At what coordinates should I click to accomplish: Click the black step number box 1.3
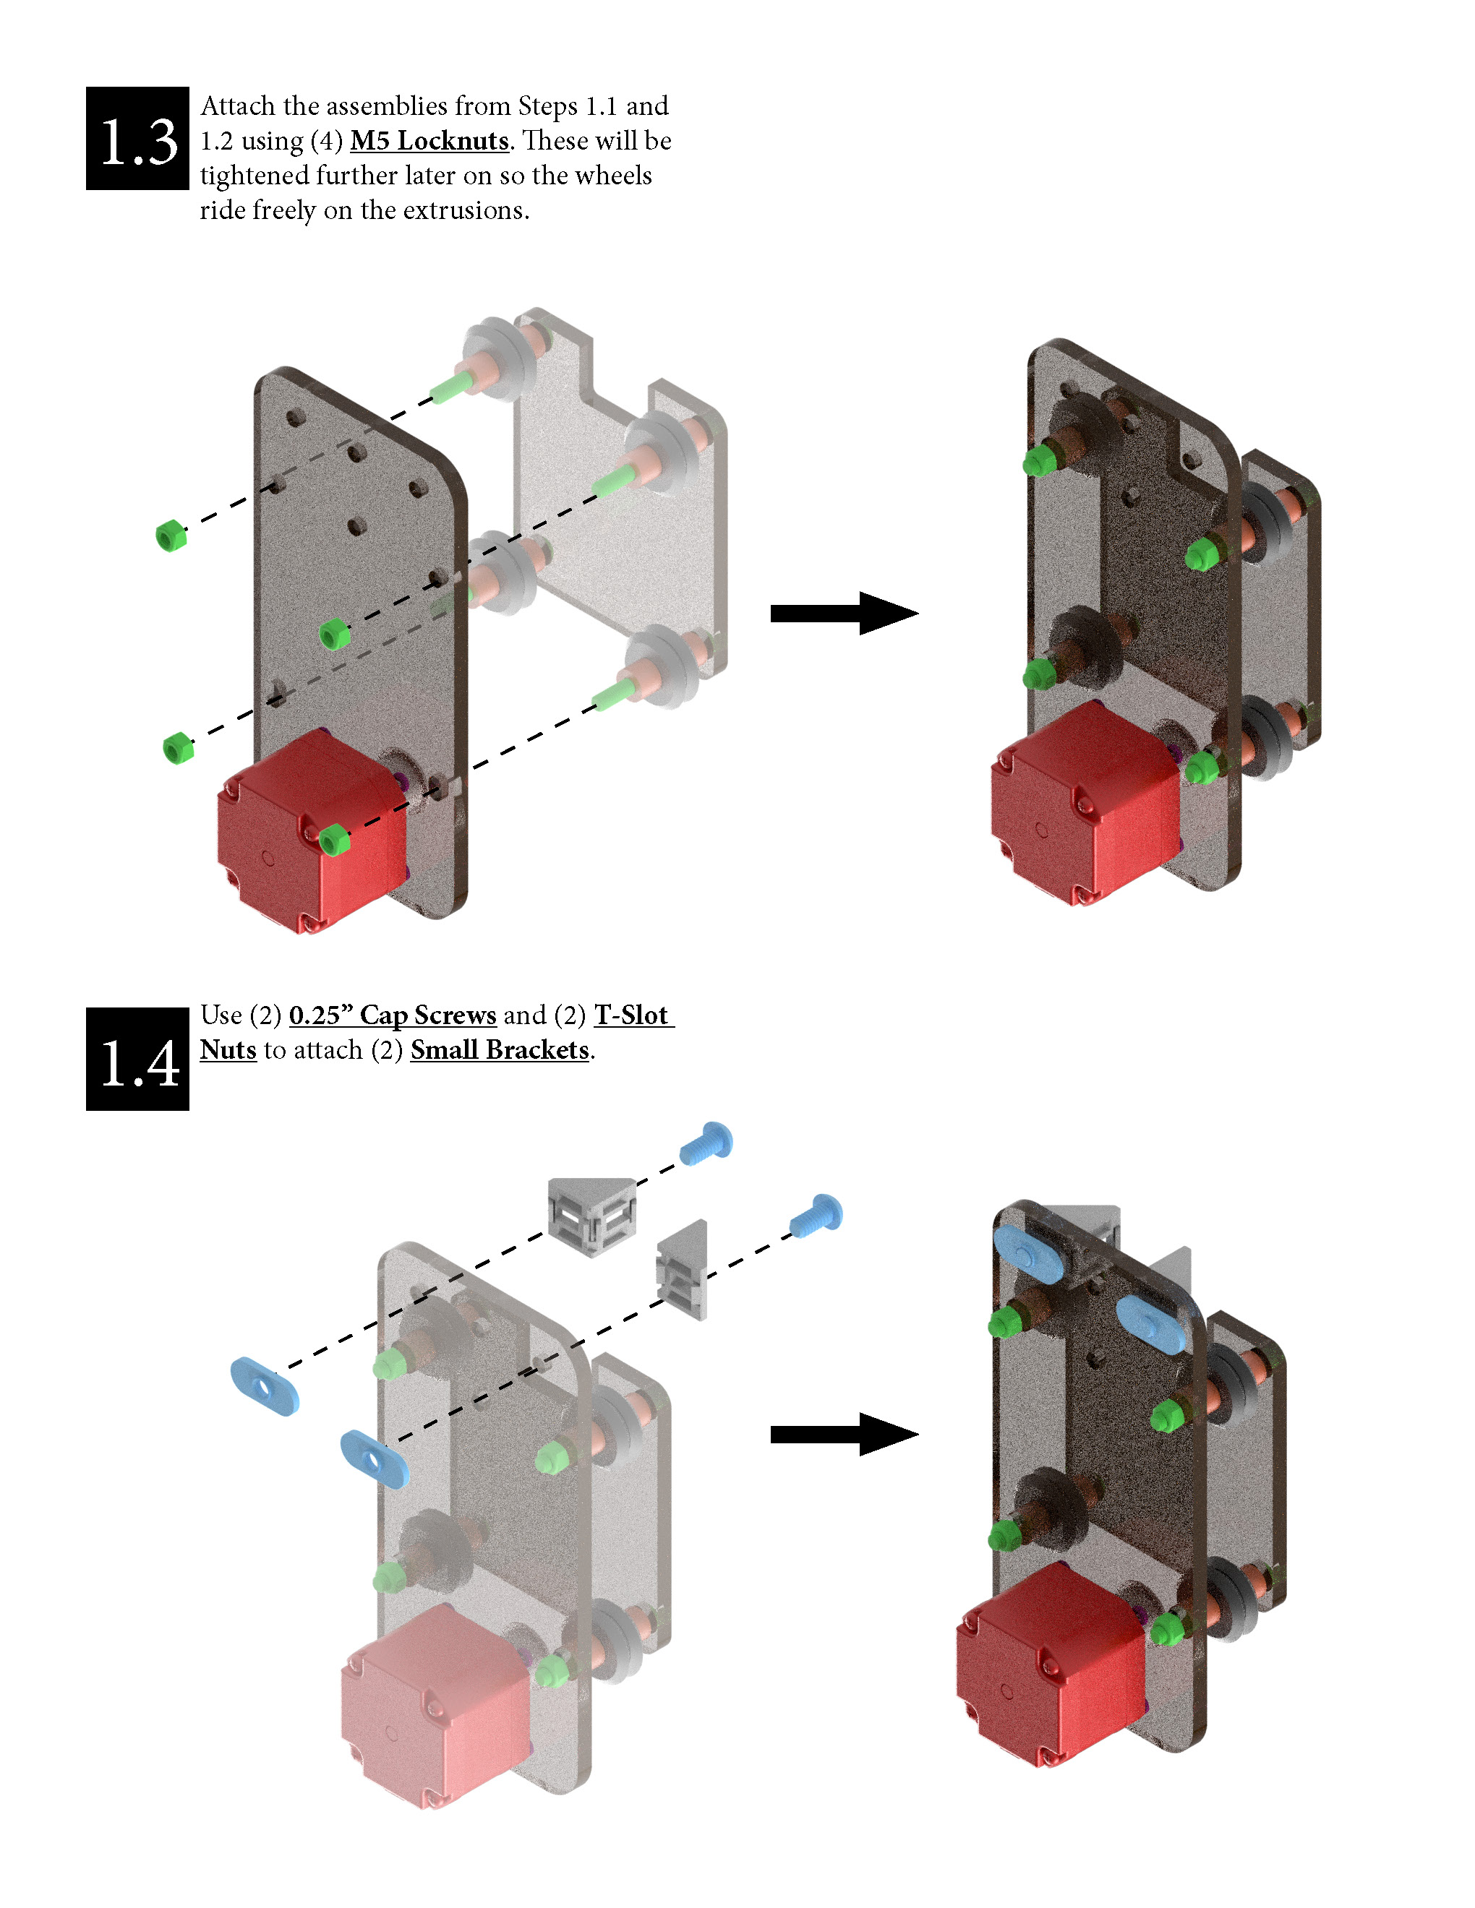tap(137, 138)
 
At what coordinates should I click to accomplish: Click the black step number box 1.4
tap(137, 1059)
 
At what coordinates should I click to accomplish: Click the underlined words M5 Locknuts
tap(429, 141)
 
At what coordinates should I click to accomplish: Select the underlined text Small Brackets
tap(500, 1049)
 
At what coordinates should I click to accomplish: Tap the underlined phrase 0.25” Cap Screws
tap(393, 1015)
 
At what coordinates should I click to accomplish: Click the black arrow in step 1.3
tap(843, 614)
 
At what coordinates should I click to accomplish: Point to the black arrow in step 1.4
tap(843, 1434)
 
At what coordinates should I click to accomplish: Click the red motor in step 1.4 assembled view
tap(1048, 1660)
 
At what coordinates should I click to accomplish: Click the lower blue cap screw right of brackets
tap(816, 1215)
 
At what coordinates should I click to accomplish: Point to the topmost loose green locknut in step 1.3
tap(171, 535)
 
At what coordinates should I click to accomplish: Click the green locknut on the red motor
tap(334, 841)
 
